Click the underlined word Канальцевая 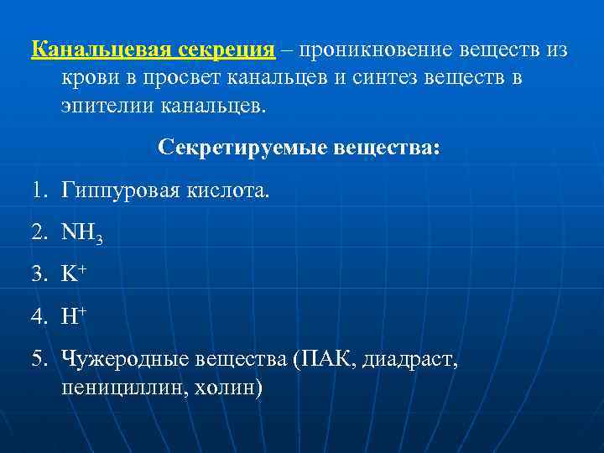click(x=102, y=49)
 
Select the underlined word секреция click(x=226, y=49)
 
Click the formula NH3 click(x=82, y=235)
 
